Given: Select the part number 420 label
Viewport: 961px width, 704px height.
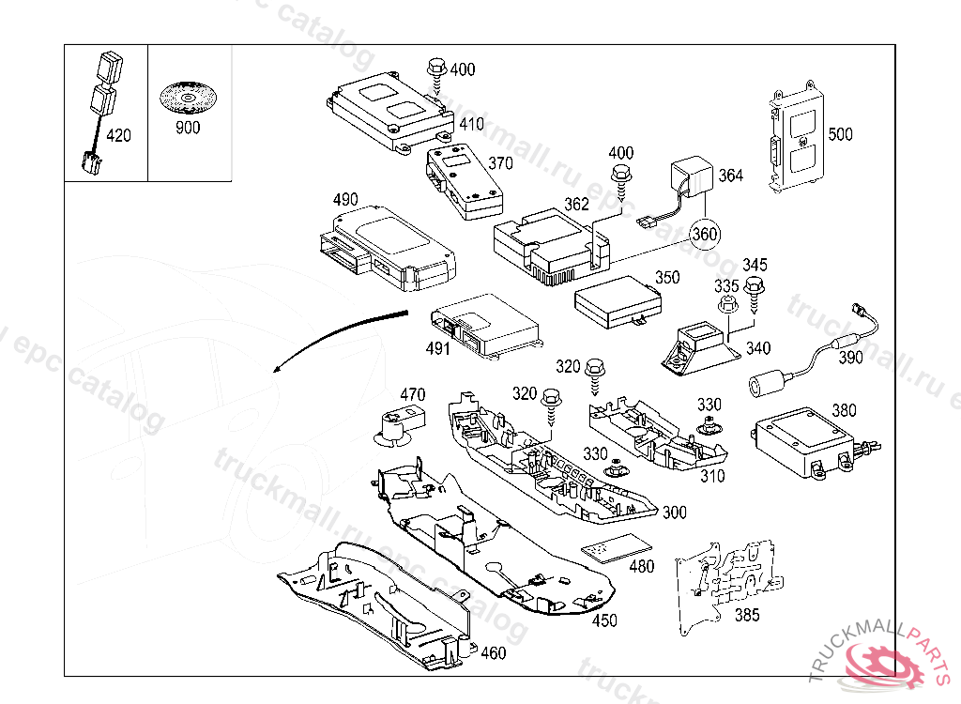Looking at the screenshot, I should pyautogui.click(x=118, y=136).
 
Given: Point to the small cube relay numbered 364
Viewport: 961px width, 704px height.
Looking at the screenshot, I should pyautogui.click(x=690, y=177).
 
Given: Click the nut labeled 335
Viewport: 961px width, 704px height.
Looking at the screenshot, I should pyautogui.click(x=725, y=307).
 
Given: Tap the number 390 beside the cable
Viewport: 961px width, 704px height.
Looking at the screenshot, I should pyautogui.click(x=850, y=358).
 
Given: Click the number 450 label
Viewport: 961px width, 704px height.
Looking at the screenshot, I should pyautogui.click(x=605, y=620).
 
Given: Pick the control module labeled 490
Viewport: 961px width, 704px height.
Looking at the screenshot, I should pyautogui.click(x=385, y=244).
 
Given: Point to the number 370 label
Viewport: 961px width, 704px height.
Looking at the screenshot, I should pyautogui.click(x=500, y=162).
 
